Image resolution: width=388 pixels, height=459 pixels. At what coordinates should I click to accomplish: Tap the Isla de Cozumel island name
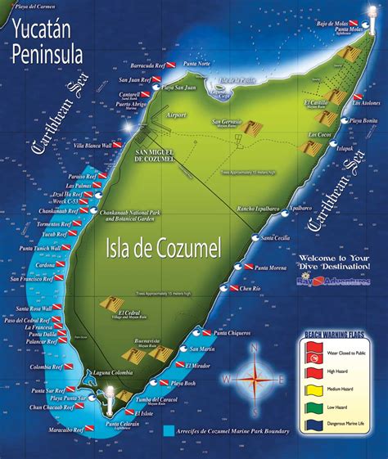point(164,245)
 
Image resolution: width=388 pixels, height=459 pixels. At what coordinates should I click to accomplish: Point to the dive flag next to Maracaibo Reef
point(80,430)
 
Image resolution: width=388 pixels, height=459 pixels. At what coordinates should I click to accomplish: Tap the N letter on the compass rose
point(255,348)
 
